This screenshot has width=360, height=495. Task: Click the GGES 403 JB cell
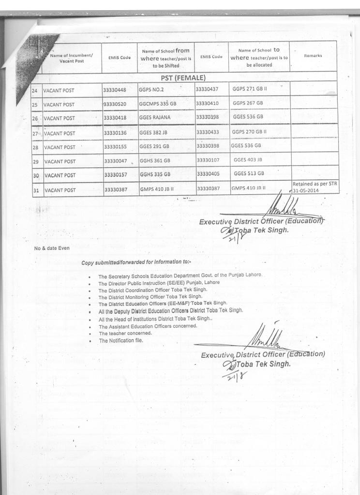coord(248,160)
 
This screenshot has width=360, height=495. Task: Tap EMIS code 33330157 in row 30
coord(119,175)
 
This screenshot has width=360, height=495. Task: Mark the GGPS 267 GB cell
coord(248,103)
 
